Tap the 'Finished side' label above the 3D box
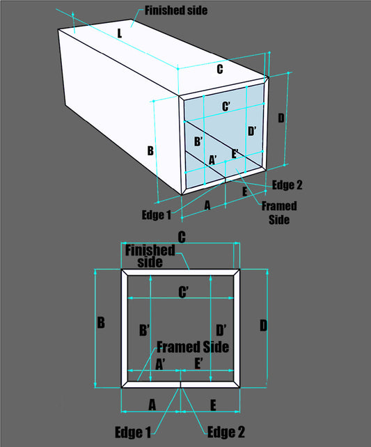click(175, 10)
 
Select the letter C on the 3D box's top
click(220, 69)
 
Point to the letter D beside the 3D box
click(281, 118)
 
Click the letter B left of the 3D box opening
click(150, 150)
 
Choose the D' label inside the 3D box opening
click(252, 130)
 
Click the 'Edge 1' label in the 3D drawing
click(156, 214)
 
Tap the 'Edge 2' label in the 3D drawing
click(287, 185)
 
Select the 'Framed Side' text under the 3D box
click(278, 212)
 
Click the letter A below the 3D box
click(207, 205)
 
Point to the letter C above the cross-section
click(182, 237)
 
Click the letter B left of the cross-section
click(101, 323)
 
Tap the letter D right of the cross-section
click(263, 325)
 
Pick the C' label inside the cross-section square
click(184, 292)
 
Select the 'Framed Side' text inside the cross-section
click(193, 347)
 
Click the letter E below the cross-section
click(212, 405)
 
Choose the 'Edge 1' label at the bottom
click(133, 432)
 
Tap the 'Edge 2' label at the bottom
click(226, 432)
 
